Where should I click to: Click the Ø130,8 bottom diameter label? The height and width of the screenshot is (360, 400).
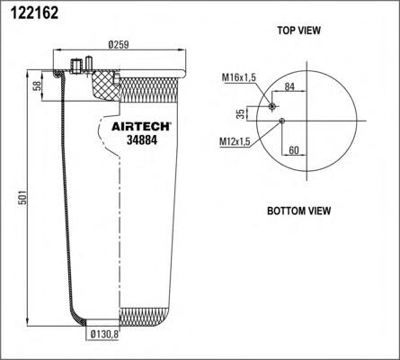pos(106,337)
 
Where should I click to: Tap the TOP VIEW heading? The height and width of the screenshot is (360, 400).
pos(298,30)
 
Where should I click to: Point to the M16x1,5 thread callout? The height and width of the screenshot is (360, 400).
pos(239,79)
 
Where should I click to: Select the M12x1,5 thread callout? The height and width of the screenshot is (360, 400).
pos(235,142)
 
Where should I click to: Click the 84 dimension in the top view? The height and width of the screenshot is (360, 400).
pos(289,87)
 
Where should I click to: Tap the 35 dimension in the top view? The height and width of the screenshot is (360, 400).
pos(240,113)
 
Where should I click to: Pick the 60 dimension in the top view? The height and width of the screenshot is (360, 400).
pos(294,150)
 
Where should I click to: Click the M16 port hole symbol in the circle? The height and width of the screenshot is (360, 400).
pos(272,106)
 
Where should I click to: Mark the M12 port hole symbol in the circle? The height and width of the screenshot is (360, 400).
pos(282,121)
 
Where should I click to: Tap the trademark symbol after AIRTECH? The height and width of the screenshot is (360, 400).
pos(172,122)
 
